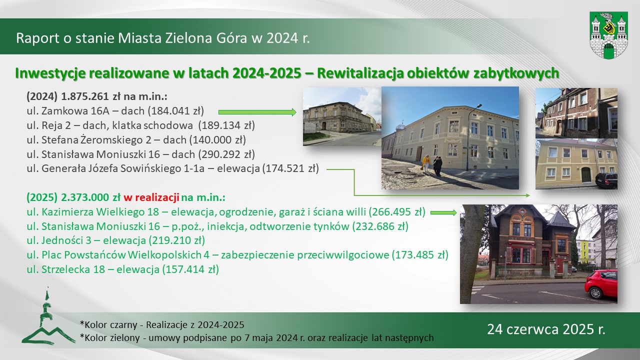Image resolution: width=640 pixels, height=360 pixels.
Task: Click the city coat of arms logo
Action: [x=608, y=35]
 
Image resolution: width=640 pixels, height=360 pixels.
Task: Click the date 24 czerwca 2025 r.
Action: [x=546, y=329]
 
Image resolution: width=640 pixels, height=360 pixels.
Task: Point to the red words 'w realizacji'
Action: [x=151, y=197]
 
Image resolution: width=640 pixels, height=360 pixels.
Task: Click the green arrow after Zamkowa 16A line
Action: [x=257, y=112]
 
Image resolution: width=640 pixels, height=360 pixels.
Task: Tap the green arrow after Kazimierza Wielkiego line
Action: [x=443, y=212]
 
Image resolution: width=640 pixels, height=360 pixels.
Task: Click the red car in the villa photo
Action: [x=601, y=284]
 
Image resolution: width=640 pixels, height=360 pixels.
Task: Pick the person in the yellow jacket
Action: [x=426, y=163]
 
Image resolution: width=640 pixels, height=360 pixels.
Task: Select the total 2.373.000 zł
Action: [x=90, y=197]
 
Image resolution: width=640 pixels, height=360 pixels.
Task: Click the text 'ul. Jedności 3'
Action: [x=59, y=240]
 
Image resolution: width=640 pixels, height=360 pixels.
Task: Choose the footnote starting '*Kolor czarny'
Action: [x=162, y=325]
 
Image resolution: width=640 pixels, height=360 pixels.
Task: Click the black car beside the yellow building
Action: [x=606, y=180]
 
